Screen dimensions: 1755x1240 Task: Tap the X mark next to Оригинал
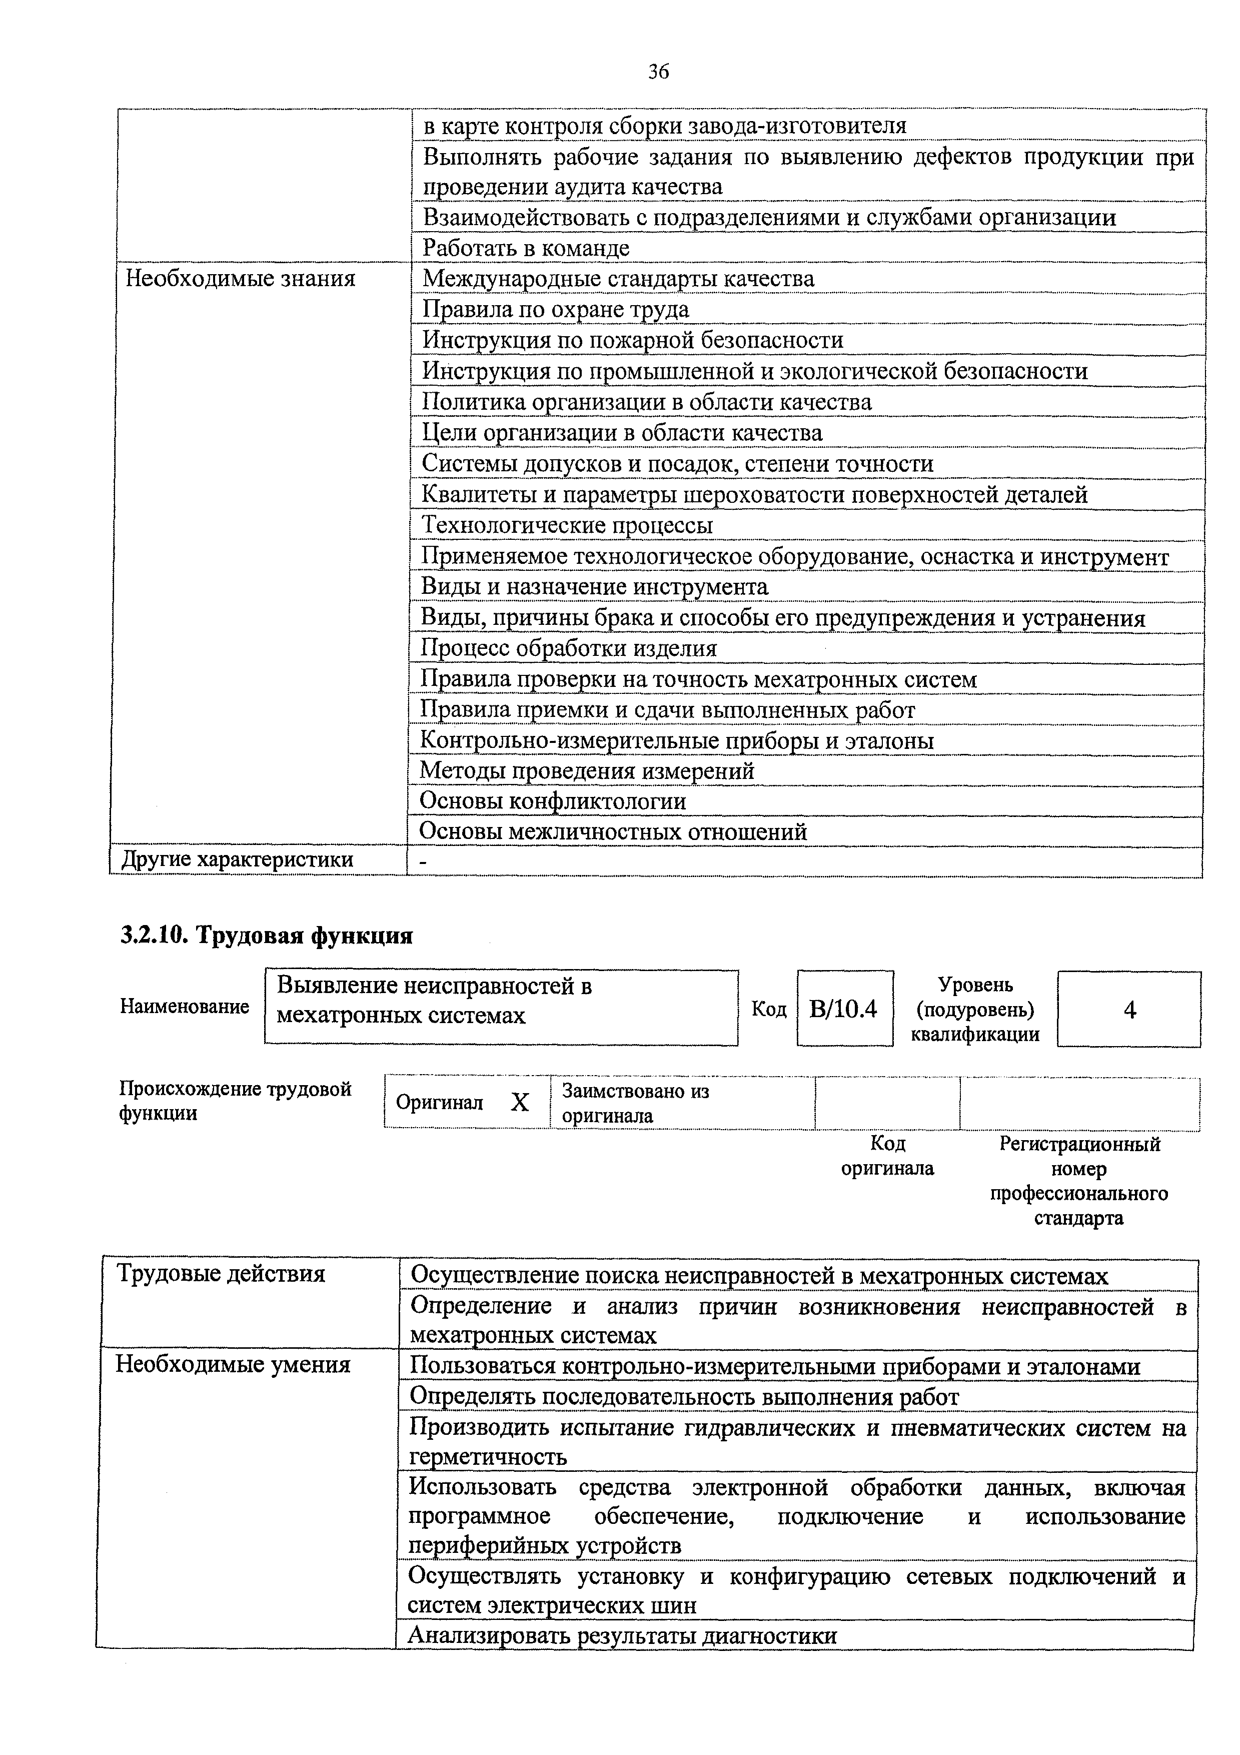tap(520, 1102)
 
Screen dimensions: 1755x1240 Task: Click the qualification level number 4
tap(1129, 1011)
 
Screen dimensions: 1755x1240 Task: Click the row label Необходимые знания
tap(240, 278)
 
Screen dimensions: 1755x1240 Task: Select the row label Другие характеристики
tap(238, 860)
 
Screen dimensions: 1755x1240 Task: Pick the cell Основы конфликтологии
tap(553, 801)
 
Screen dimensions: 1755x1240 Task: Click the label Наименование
tap(184, 1007)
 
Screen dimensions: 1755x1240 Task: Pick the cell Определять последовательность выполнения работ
tap(684, 1396)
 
